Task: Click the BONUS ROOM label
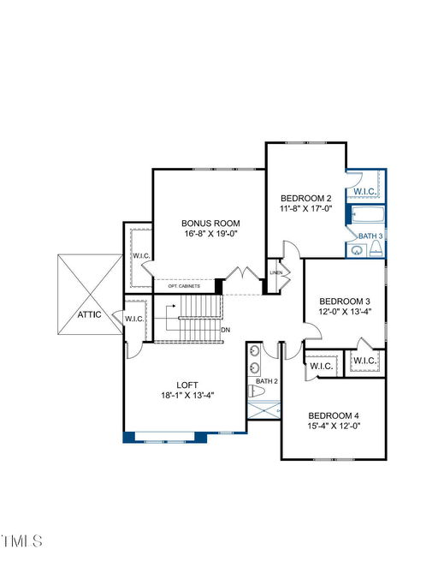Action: tap(210, 223)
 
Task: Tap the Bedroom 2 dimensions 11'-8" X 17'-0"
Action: tap(306, 208)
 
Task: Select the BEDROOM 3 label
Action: tap(345, 301)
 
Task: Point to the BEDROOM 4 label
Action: tap(334, 415)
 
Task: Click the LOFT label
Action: tap(187, 385)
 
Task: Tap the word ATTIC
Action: tap(89, 314)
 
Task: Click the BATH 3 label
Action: tap(370, 236)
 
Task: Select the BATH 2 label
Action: tap(267, 381)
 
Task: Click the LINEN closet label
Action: tap(275, 272)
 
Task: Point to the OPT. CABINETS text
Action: tap(184, 286)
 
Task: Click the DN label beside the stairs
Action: tap(225, 330)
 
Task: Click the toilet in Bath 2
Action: tap(257, 391)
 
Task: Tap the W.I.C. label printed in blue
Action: tap(365, 191)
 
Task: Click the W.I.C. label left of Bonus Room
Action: tap(141, 255)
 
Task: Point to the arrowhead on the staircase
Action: tap(175, 306)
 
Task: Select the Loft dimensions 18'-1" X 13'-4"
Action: tap(187, 395)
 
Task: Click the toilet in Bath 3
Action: tap(376, 248)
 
